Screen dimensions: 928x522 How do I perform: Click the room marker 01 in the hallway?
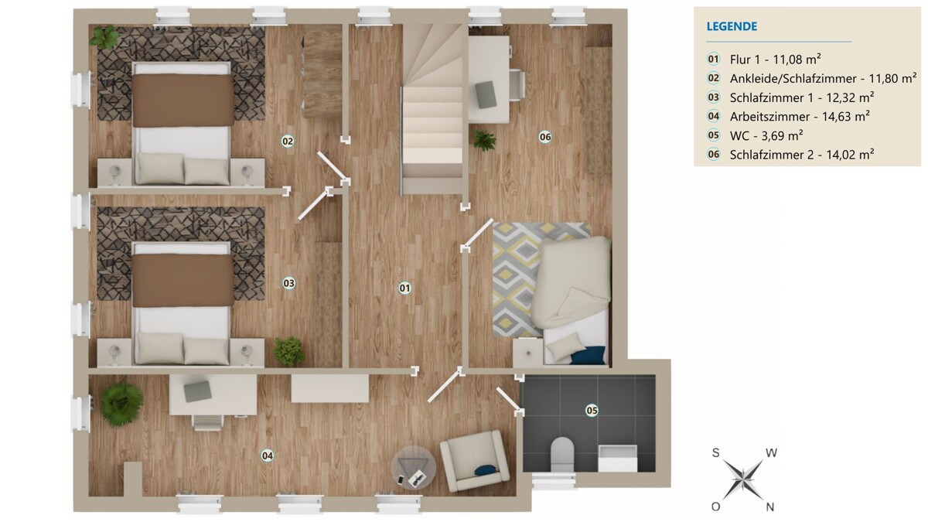[404, 288]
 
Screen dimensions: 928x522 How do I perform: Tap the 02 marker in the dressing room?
[288, 142]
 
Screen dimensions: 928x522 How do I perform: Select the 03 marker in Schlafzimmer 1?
[288, 283]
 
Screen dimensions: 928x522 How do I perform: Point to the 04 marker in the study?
[268, 455]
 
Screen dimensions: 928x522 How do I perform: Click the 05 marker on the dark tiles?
[592, 411]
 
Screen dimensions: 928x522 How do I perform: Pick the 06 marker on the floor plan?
[544, 137]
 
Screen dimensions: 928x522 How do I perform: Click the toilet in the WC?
[562, 454]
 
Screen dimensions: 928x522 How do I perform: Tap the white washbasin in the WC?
[618, 458]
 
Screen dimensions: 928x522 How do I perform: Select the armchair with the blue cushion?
[475, 460]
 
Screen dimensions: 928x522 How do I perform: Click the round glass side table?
[414, 467]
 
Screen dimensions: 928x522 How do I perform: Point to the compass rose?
[743, 479]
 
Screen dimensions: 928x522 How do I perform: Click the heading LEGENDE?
[732, 26]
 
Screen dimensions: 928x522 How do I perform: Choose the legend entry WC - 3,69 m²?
[766, 135]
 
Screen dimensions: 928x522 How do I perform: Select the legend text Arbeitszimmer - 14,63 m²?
[800, 117]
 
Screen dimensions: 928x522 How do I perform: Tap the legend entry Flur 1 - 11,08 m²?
[776, 60]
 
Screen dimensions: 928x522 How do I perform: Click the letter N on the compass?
[769, 507]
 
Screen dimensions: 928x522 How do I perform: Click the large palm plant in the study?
[121, 404]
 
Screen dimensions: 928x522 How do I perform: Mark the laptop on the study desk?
[198, 391]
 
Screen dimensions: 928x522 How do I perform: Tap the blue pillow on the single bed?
[588, 355]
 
